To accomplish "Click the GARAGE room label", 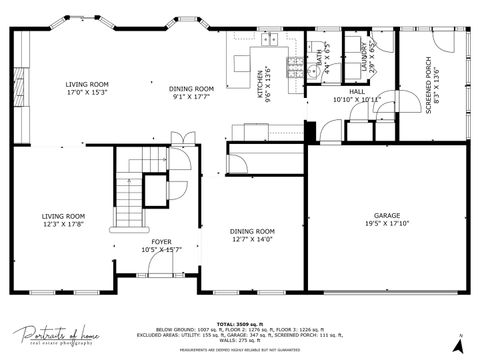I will pyautogui.click(x=387, y=215).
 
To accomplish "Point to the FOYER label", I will pyautogui.click(x=161, y=241).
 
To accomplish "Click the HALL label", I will pyautogui.click(x=356, y=92).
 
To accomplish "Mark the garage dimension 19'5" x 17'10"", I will pyautogui.click(x=387, y=225).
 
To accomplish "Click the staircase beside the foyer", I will pyautogui.click(x=128, y=190).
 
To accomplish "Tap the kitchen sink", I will pyautogui.click(x=269, y=40).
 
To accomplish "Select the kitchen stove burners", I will pyautogui.click(x=293, y=68).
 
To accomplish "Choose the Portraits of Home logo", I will pyautogui.click(x=55, y=335).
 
